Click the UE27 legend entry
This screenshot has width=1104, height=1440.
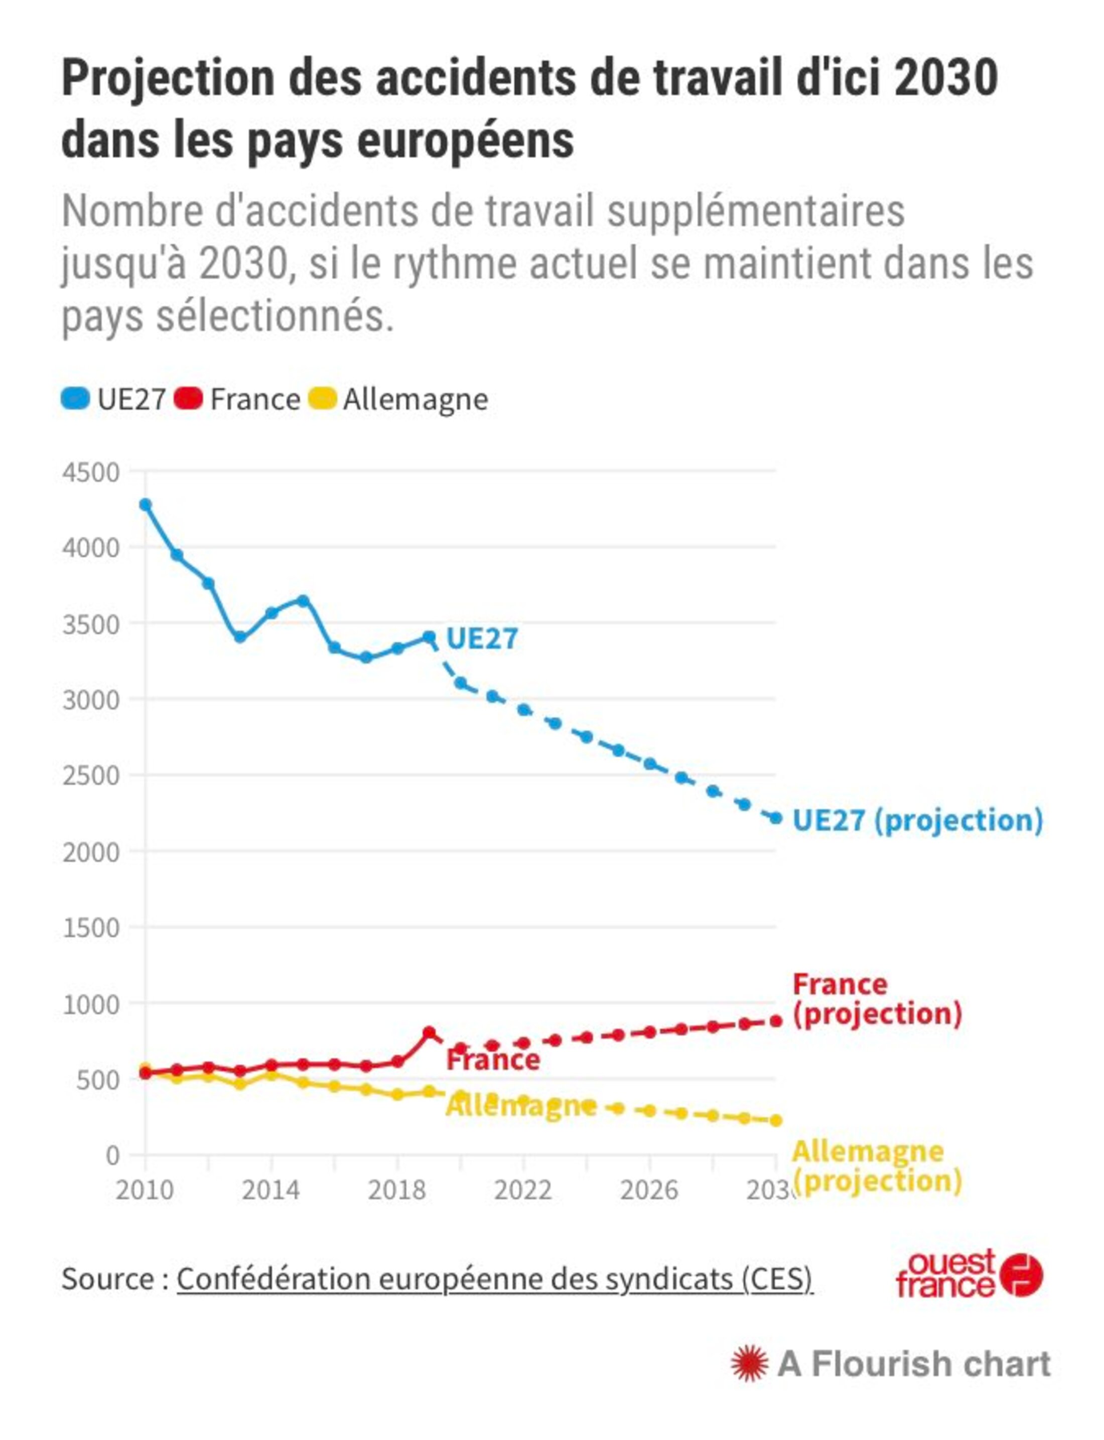click(113, 399)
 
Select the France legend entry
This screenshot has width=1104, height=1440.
click(238, 399)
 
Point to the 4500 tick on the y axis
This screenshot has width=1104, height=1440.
click(91, 472)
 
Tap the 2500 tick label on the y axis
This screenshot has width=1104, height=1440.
click(91, 775)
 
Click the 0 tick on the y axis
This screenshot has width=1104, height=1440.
click(112, 1155)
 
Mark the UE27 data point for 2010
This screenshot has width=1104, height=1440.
click(145, 504)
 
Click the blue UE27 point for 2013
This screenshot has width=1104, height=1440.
click(240, 637)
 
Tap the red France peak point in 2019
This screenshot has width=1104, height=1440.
click(429, 1032)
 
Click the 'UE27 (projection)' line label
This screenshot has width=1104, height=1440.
click(917, 820)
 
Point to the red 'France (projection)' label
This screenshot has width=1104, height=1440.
click(877, 998)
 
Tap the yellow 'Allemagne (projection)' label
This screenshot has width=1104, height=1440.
click(877, 1166)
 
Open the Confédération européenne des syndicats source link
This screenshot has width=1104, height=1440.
click(494, 1279)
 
